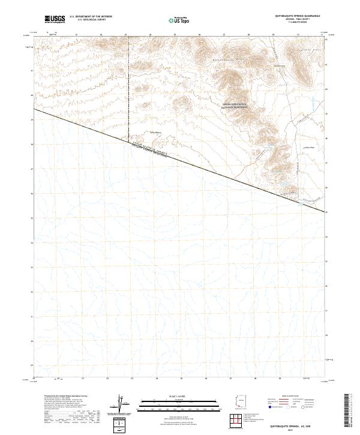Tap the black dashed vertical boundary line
[129, 90]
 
